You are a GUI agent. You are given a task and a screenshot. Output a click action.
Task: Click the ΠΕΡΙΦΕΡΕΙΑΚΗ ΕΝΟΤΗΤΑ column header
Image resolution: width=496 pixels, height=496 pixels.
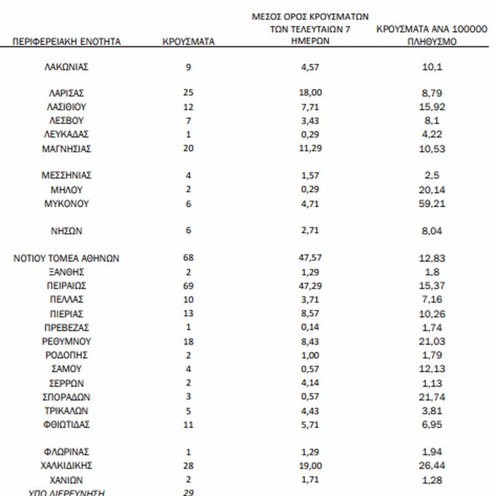point(66,42)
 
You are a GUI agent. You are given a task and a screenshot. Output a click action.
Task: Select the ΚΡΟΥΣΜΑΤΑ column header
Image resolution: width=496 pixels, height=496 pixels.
point(188,42)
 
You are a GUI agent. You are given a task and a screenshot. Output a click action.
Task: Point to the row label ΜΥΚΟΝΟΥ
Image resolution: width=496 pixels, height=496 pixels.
point(66,203)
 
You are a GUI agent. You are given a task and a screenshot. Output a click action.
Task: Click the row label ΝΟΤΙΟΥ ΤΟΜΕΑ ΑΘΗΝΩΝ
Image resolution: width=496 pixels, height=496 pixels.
point(66,259)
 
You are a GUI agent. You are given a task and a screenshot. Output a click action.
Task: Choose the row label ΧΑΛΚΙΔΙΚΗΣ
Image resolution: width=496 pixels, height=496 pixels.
point(66,466)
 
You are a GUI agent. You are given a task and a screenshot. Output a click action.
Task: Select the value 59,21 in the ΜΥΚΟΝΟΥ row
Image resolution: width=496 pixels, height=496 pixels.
point(432,203)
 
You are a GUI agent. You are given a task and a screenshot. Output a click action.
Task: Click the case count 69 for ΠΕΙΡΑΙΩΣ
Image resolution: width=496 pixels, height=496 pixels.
point(188,286)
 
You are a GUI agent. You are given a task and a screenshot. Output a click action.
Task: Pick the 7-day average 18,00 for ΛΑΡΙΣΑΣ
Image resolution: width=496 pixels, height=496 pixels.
point(311,92)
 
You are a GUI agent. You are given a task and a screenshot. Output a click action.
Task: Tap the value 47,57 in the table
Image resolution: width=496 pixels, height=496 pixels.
point(311,259)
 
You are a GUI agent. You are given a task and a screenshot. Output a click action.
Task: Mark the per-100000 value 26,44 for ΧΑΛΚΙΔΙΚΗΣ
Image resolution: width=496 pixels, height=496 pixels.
point(432,466)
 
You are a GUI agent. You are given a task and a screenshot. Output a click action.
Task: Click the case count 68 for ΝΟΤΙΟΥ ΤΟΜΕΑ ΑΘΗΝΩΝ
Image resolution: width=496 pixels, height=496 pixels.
point(188,259)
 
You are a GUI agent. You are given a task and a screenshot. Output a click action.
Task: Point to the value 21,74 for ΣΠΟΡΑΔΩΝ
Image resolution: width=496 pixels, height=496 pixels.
point(432,397)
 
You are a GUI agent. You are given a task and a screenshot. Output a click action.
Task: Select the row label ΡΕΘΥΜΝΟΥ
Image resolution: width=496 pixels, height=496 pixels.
point(66,342)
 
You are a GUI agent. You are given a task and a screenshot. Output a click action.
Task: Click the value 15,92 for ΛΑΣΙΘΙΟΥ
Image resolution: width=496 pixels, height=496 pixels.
point(432,107)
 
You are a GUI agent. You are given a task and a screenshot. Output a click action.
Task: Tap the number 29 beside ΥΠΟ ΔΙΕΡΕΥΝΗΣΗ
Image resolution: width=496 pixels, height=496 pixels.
point(188,492)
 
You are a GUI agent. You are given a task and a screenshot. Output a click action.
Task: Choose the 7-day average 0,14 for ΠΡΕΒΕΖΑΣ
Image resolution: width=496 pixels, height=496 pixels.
point(311,327)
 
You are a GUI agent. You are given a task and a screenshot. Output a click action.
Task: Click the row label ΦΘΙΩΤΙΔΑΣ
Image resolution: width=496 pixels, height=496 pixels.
point(66,425)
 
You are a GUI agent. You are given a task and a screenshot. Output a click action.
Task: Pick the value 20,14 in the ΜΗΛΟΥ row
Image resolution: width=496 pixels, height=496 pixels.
point(432,190)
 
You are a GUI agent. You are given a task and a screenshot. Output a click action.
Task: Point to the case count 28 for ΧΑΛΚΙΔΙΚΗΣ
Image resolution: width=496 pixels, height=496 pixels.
point(188,466)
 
